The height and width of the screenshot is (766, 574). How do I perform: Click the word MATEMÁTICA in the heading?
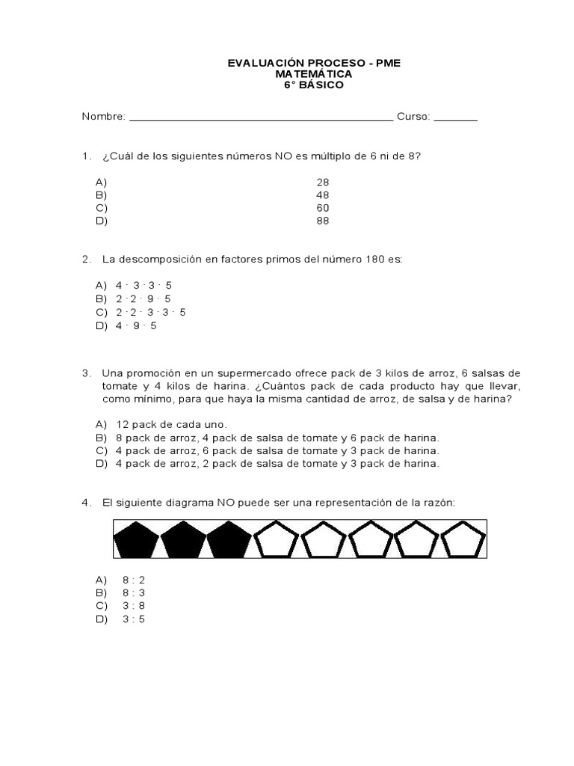[314, 75]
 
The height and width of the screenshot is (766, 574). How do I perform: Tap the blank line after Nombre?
[261, 118]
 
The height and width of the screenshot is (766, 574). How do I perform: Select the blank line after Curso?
[455, 118]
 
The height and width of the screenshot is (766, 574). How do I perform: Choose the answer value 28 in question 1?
[323, 182]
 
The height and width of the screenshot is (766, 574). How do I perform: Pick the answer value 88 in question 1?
[323, 221]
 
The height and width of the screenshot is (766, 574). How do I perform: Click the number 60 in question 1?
[323, 208]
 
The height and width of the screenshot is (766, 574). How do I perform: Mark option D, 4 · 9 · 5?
[136, 325]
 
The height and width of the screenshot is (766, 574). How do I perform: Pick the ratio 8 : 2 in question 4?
[134, 580]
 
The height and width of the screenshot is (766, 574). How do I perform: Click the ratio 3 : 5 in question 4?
[134, 619]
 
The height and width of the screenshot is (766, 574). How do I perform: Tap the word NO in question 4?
[226, 503]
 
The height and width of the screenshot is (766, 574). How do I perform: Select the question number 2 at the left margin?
[86, 260]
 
